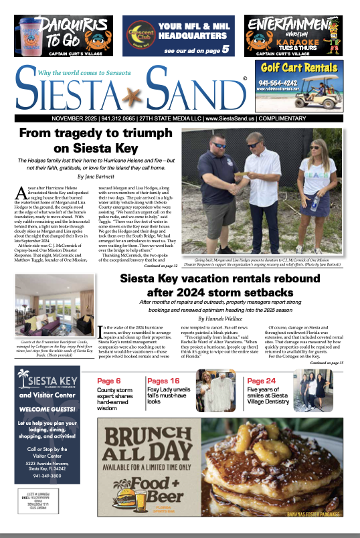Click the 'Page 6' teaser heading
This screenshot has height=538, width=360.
tap(109, 380)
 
